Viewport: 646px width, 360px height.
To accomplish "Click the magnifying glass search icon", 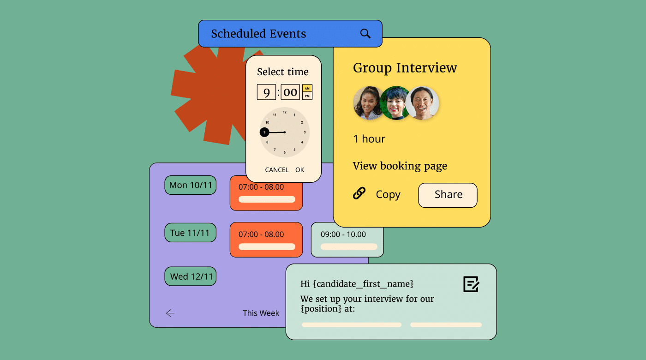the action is (365, 34).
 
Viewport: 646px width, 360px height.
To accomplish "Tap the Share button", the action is (448, 195).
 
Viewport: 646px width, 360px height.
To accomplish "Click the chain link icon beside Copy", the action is (359, 193).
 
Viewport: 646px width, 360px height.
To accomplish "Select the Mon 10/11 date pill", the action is (190, 185).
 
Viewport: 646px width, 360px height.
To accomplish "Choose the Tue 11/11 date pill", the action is (190, 233).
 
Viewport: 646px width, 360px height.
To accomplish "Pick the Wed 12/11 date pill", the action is (190, 276).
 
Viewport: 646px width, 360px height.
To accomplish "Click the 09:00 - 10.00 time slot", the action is (347, 240).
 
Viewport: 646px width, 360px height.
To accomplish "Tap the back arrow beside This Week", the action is (170, 313).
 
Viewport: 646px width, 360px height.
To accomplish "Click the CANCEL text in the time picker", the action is (276, 170).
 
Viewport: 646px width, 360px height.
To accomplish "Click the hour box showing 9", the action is (266, 92).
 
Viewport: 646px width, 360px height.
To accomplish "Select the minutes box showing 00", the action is (290, 92).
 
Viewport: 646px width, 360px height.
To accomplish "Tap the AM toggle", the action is (307, 88).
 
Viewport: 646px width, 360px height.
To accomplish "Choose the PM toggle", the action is (307, 96).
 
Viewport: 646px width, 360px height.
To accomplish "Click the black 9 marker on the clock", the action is (264, 132).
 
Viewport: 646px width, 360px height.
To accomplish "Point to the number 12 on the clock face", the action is (285, 112).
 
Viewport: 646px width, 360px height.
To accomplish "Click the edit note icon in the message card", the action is (471, 284).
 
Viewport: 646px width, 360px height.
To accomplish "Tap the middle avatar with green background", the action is (396, 103).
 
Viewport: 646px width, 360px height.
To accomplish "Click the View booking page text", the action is (400, 166).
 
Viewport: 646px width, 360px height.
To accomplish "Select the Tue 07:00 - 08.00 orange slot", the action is (266, 240).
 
